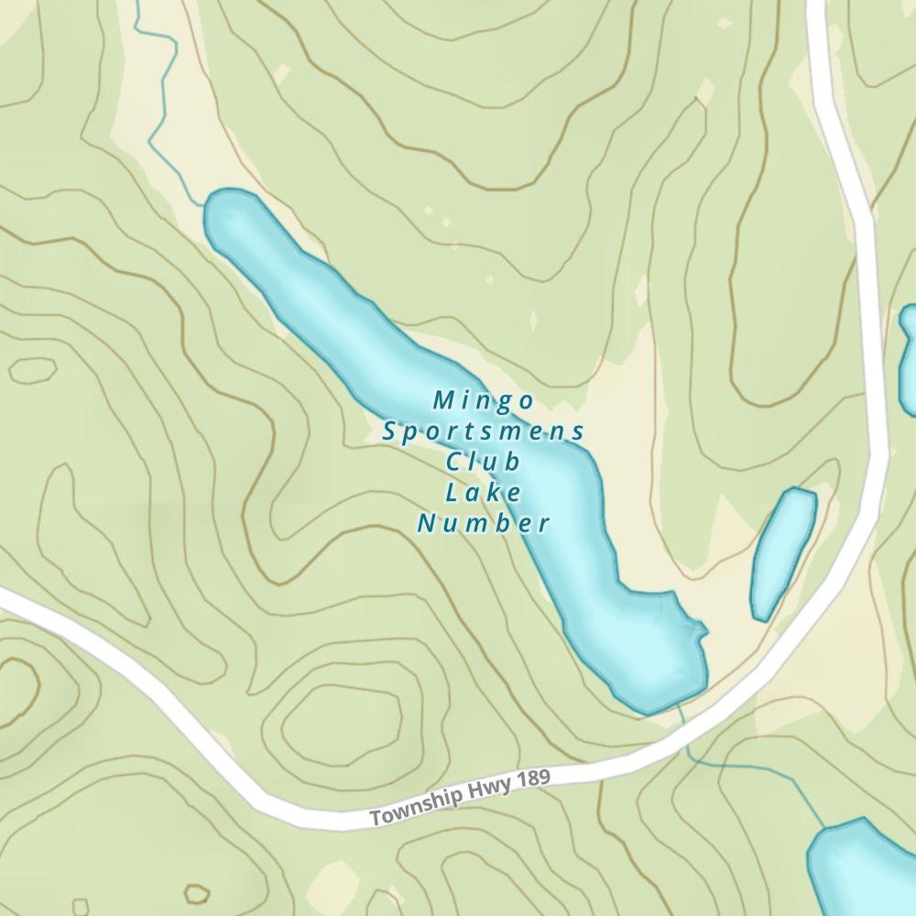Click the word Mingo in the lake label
[483, 400]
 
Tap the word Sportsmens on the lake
[483, 431]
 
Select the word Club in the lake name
[483, 461]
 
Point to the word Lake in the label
[483, 493]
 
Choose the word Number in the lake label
[483, 524]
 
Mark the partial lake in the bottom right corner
[861, 870]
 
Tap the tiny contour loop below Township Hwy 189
[196, 893]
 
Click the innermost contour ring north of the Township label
[343, 719]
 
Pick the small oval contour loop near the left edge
[32, 370]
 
